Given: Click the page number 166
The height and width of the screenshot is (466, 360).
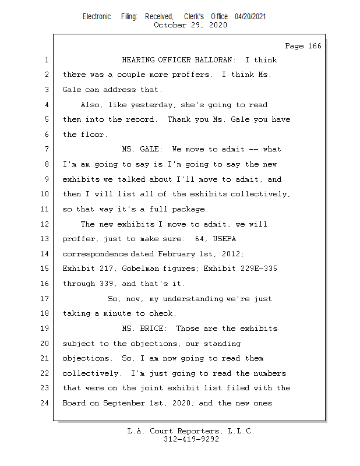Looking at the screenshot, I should pos(313,46).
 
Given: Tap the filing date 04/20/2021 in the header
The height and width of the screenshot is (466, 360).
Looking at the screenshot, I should pos(250,17).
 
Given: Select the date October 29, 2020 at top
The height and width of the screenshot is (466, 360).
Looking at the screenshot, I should pos(191,25).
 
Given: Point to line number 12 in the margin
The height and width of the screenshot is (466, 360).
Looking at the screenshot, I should pos(47,224).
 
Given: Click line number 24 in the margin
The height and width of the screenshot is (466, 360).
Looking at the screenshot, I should pos(47,403).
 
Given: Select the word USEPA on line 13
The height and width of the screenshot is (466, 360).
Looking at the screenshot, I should pos(222,239).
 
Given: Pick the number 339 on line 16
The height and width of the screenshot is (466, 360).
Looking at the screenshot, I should pos(108,284).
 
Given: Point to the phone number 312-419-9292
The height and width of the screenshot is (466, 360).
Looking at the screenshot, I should pos(191,439).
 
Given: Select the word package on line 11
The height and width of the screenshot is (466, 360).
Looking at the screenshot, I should pos(190,209).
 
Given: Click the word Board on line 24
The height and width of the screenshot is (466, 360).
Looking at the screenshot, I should pos(74,403).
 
